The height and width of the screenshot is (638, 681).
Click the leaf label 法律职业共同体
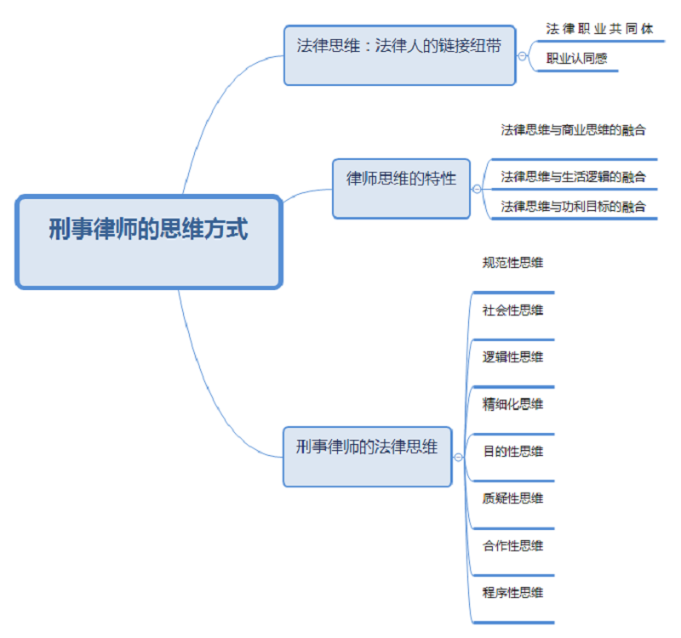pos(599,29)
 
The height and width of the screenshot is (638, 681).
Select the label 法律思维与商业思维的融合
pos(573,130)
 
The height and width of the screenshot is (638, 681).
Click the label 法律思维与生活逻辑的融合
pos(573,177)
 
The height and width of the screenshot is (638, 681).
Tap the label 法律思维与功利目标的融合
pos(573,206)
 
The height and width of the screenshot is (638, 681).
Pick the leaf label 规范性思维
pos(512,263)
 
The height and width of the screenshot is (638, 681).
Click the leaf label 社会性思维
pos(512,310)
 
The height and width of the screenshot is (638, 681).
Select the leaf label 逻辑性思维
pos(512,357)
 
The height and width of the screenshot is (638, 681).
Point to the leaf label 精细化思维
pos(512,404)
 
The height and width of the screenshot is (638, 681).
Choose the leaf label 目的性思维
pos(512,452)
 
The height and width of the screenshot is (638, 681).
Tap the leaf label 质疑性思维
pos(512,498)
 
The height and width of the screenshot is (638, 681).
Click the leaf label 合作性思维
pos(512,545)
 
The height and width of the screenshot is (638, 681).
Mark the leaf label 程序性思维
pos(512,593)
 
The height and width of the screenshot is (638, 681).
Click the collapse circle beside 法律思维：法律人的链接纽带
pos(522,55)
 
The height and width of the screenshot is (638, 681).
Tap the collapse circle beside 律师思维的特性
pos(476,189)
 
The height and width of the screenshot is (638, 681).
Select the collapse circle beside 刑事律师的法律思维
pos(458,457)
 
